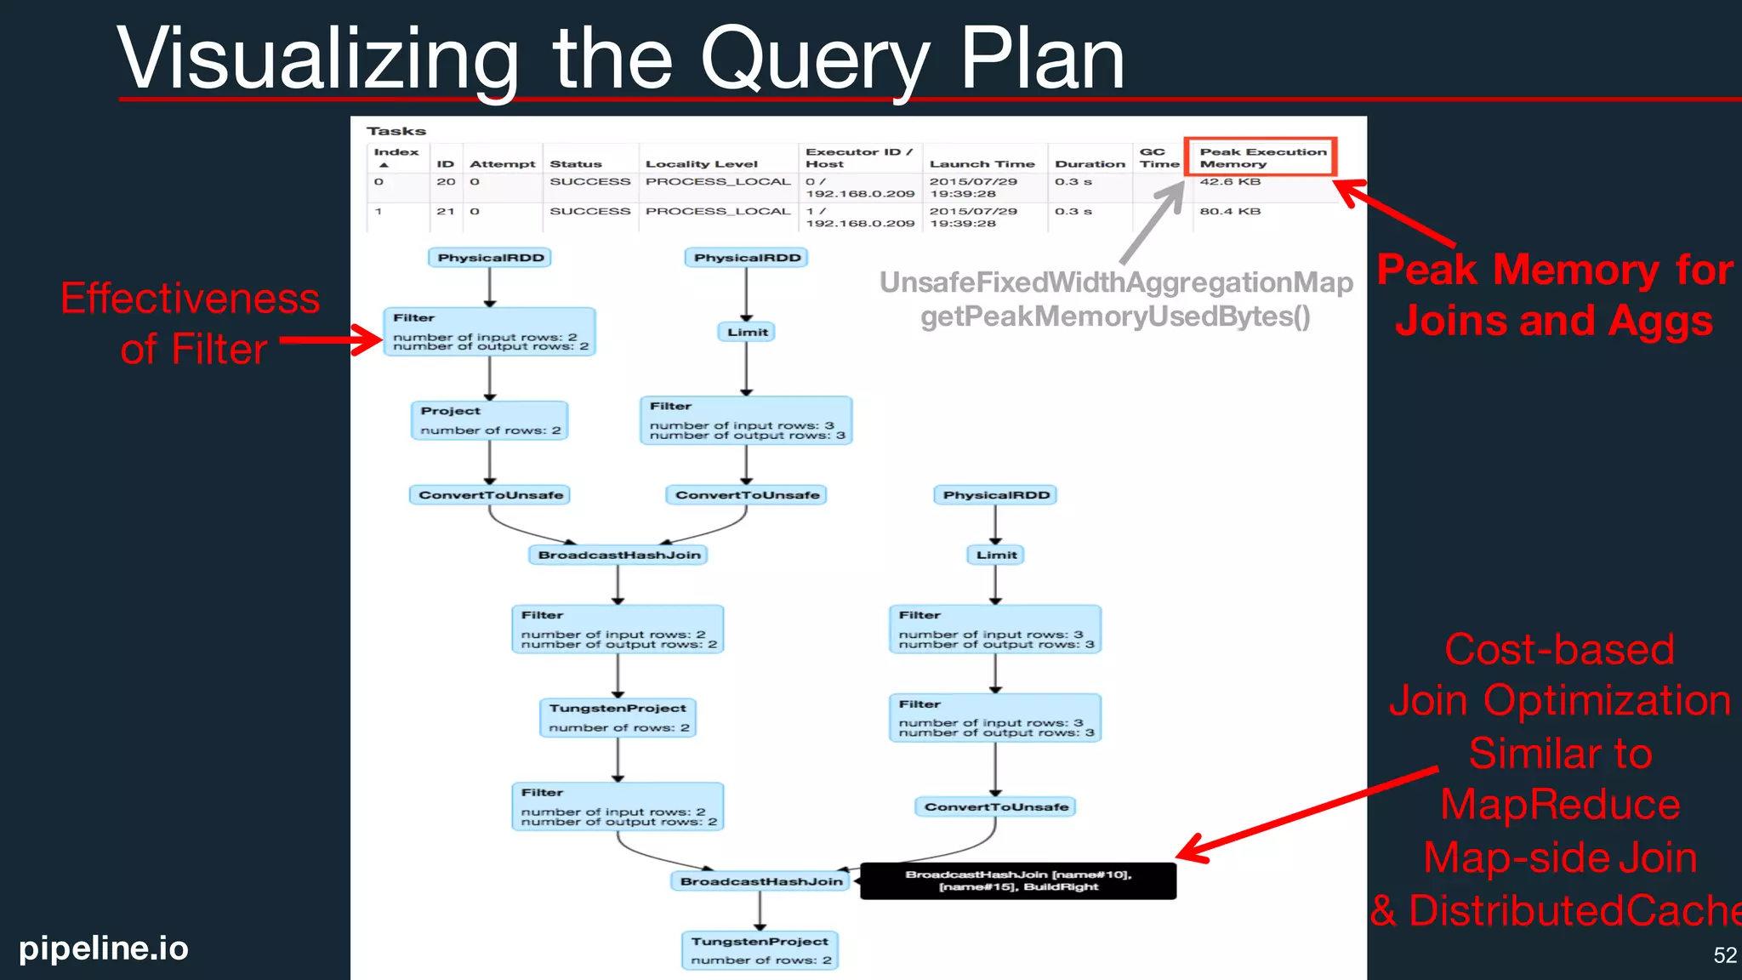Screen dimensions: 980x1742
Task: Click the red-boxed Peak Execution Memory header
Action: (1261, 157)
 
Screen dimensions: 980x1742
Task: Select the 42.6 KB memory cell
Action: (1230, 182)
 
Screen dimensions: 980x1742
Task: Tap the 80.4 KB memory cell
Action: (1230, 212)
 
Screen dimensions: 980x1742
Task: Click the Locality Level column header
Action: (701, 164)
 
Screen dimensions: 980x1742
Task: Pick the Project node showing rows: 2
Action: (489, 420)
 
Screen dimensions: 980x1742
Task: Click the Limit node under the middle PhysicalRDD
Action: (747, 333)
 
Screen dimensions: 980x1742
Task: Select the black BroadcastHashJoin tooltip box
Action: (1018, 880)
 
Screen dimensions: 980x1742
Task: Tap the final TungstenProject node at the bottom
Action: (760, 950)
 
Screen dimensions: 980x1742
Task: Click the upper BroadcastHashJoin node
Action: (618, 556)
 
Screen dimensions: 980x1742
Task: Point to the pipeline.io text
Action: (104, 948)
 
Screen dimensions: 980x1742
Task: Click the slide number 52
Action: (1724, 955)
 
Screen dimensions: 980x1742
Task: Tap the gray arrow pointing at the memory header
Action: (1153, 224)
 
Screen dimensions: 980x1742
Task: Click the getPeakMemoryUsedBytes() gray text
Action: (1115, 316)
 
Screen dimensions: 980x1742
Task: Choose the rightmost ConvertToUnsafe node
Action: (995, 807)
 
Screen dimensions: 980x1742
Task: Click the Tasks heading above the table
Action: (396, 131)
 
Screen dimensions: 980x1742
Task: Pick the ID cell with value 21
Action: (445, 212)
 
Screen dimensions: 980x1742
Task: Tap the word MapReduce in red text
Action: (1559, 805)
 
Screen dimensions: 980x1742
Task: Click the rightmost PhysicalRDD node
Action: (995, 495)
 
